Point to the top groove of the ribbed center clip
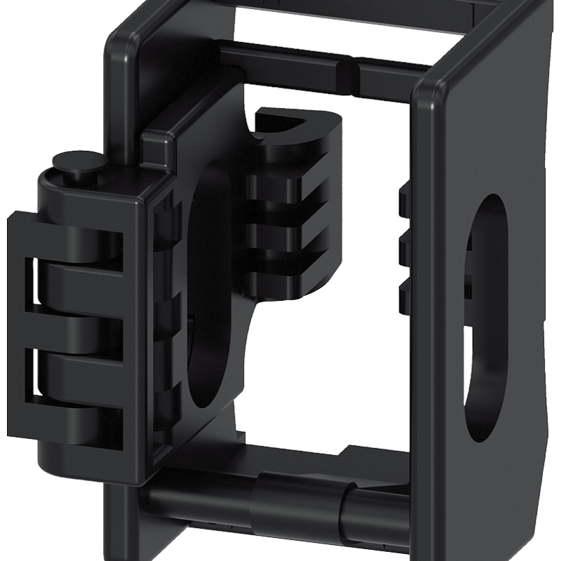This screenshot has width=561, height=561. (280, 184)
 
